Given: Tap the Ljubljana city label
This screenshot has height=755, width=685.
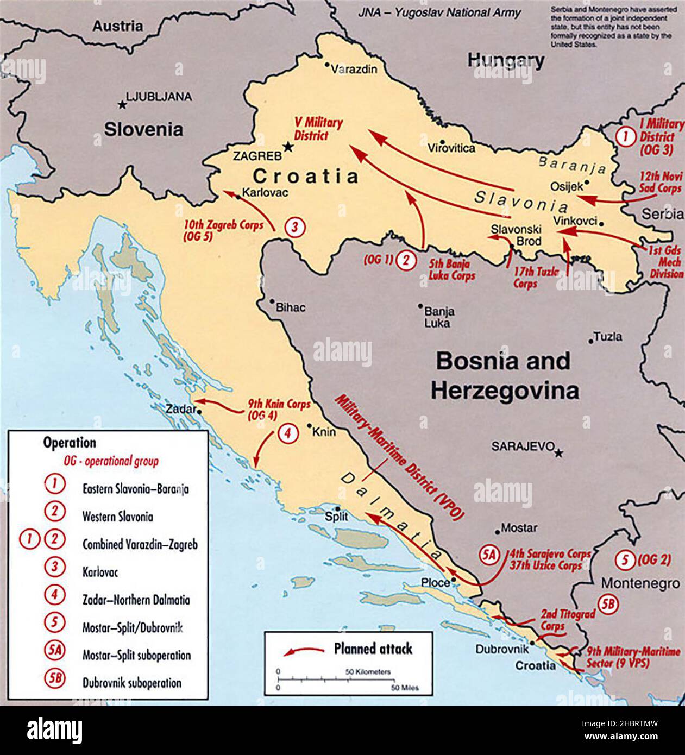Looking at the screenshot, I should point(158,97).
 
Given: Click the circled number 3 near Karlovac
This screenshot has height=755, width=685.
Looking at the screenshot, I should point(293,226).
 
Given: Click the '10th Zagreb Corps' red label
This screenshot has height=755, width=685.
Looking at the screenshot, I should point(223,230).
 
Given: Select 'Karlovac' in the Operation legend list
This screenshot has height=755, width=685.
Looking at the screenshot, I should point(100,572).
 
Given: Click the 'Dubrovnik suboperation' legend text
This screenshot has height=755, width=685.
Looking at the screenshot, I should point(132,683).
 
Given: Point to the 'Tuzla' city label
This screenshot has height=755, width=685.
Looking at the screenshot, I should point(608,337).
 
